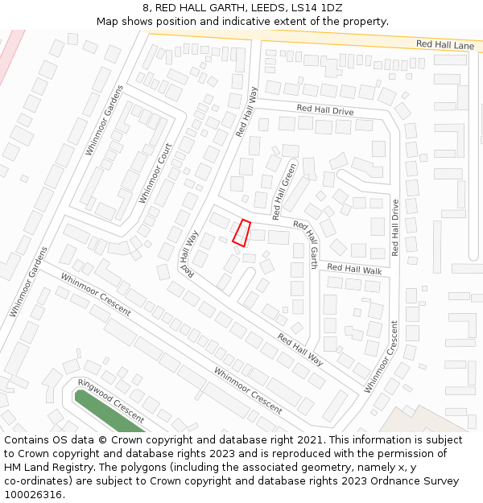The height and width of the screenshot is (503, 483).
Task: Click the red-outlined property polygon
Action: click(242, 232)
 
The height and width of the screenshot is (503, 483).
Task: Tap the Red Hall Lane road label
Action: click(445, 45)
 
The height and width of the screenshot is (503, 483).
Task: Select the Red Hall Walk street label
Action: click(354, 269)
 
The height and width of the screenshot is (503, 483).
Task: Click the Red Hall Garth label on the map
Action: click(305, 243)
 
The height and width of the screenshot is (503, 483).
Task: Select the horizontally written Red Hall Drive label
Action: click(324, 108)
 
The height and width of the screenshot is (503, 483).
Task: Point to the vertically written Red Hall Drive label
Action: click(394, 228)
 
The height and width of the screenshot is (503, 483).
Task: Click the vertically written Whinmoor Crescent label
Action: click(381, 357)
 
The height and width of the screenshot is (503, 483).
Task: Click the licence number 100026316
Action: click(34, 495)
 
